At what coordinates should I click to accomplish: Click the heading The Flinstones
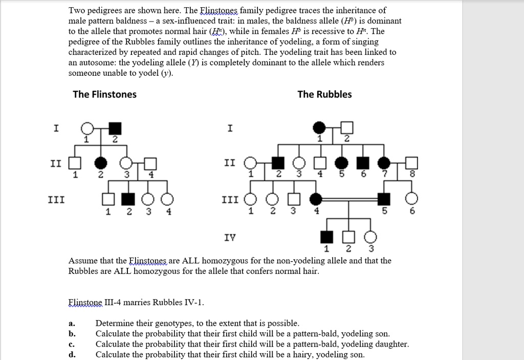point(104,94)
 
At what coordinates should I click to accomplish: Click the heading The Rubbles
point(324,94)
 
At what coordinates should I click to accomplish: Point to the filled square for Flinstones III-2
point(129,199)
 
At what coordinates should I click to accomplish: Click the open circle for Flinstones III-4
point(167,199)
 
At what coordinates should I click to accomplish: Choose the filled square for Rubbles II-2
point(278,163)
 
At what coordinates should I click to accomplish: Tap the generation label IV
point(230,237)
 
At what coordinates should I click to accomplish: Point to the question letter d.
point(72,354)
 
